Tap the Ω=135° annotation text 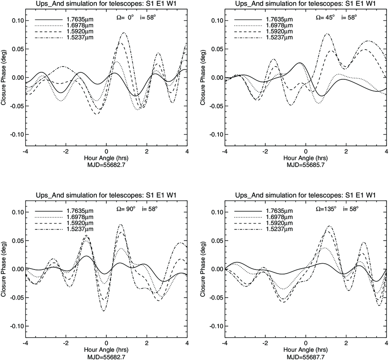pyautogui.click(x=326, y=209)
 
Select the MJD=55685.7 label pyautogui.click(x=306, y=165)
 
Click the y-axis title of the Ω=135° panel pyautogui.click(x=203, y=269)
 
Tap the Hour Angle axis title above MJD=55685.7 pyautogui.click(x=306, y=158)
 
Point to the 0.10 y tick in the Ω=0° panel pyautogui.click(x=18, y=21)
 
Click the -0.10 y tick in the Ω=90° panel pyautogui.click(x=17, y=326)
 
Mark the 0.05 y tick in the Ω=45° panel pyautogui.click(x=217, y=49)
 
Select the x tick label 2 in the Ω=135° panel pyautogui.click(x=346, y=343)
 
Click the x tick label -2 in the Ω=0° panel pyautogui.click(x=66, y=151)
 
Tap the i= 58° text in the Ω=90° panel pyautogui.click(x=149, y=209)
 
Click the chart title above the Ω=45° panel pyautogui.click(x=306, y=3)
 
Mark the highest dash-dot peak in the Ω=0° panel pyautogui.click(x=124, y=33)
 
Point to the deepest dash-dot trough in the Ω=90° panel pyautogui.click(x=104, y=311)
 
